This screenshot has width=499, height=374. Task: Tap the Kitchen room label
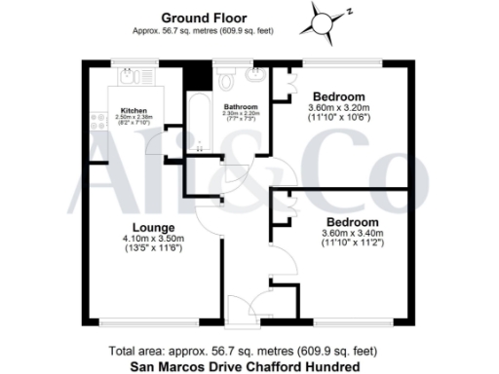134,110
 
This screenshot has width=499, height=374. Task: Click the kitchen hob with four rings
99,122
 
